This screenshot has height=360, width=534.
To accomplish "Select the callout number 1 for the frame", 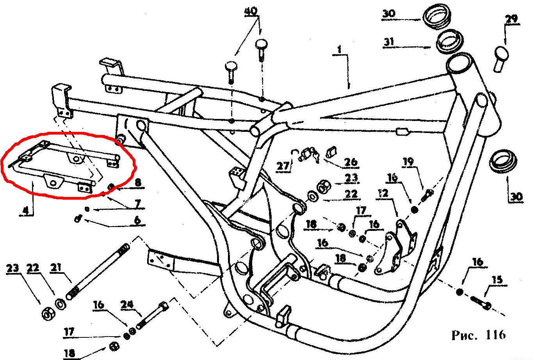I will coord(339,50).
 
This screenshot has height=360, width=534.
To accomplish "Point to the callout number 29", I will coord(511,18).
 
